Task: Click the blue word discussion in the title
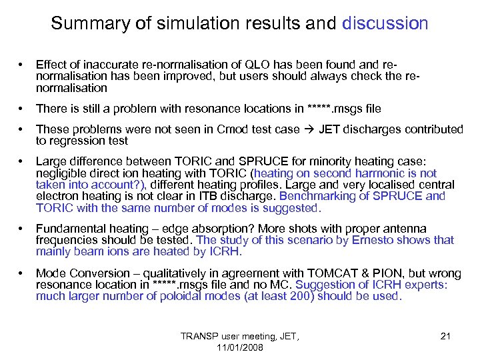point(385,24)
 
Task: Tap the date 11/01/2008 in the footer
point(241,347)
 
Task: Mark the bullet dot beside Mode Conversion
point(23,273)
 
